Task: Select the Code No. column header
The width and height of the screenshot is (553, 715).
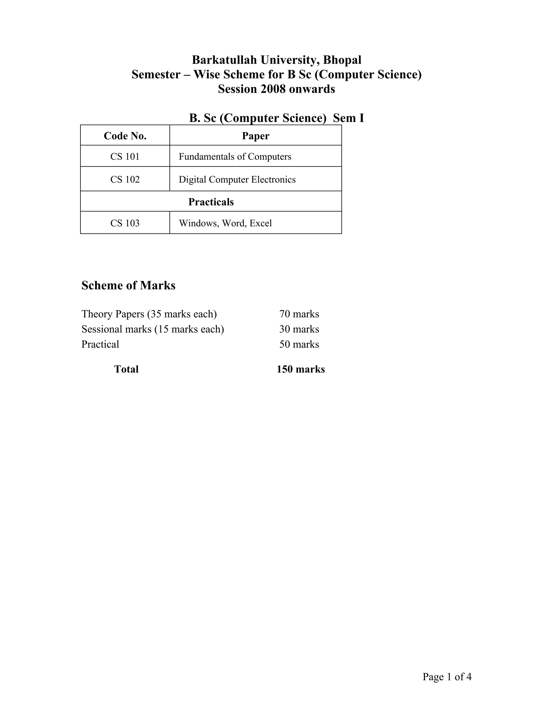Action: (x=125, y=136)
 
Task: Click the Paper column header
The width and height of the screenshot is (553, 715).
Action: (x=255, y=136)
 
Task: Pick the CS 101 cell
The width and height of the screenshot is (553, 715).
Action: (x=125, y=156)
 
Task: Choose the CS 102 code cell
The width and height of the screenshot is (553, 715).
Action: (x=125, y=179)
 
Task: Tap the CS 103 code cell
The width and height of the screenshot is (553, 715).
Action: (x=125, y=223)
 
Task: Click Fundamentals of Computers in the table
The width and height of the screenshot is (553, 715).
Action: (x=235, y=156)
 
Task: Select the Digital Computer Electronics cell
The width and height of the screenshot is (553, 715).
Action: (x=237, y=179)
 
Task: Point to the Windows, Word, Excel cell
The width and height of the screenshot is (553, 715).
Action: (x=225, y=223)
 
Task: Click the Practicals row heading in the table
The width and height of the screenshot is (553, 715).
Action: (x=211, y=202)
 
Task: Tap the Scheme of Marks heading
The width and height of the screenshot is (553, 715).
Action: (x=129, y=285)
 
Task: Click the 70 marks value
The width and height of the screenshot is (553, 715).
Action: (x=299, y=314)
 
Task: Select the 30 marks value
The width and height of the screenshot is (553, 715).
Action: (x=299, y=329)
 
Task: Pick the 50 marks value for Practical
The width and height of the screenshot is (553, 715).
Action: (x=299, y=344)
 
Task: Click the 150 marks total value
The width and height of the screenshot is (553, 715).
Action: (x=301, y=369)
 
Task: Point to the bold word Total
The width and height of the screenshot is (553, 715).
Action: (x=126, y=369)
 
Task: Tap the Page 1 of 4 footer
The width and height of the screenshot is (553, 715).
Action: (x=447, y=677)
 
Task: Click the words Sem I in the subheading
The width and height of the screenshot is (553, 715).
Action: (x=349, y=118)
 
